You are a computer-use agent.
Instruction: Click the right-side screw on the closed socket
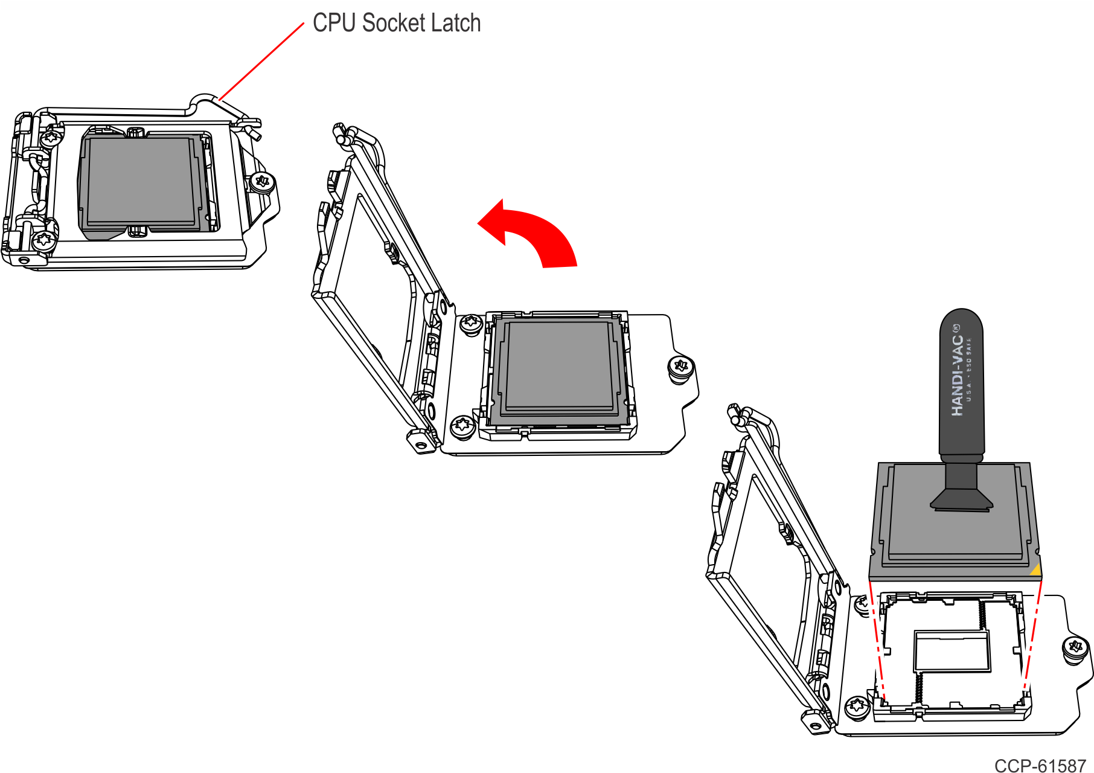tap(263, 181)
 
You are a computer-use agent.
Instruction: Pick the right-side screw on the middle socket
tap(681, 366)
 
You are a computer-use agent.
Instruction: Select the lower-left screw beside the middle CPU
tap(463, 425)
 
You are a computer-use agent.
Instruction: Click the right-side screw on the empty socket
tap(1075, 648)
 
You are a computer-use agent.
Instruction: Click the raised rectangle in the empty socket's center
tap(952, 651)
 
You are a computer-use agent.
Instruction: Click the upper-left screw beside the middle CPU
tap(471, 324)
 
